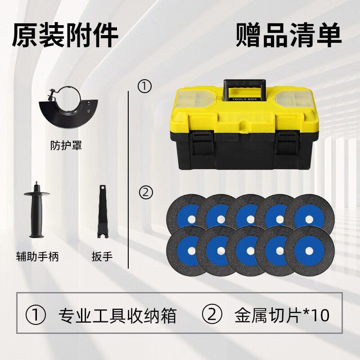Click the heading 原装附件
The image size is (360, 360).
65,36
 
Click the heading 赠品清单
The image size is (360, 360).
288,36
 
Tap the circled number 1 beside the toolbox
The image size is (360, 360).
144,86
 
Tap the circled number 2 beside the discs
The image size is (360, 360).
145,193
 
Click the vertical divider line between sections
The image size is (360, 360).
129,180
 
